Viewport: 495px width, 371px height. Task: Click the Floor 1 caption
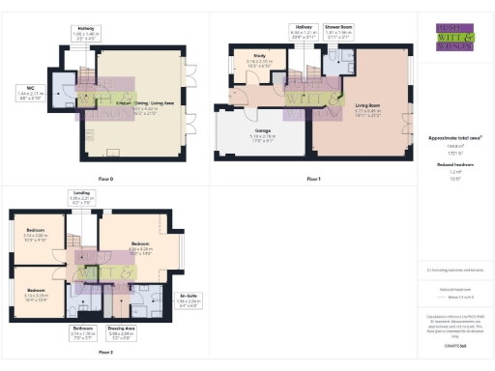click(x=312, y=178)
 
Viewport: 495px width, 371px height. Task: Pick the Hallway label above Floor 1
click(x=303, y=32)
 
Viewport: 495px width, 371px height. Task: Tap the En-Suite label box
click(x=191, y=299)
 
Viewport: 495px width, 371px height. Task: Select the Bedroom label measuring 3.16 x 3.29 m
click(x=36, y=294)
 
